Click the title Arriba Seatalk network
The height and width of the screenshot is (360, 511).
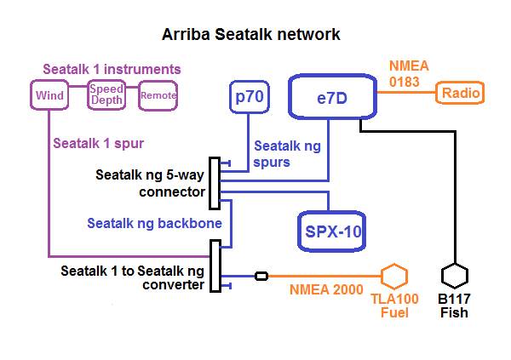tap(251, 35)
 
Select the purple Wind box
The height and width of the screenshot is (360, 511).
tap(50, 95)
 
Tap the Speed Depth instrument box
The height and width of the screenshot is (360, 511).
tap(106, 95)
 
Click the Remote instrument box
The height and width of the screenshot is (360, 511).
tap(158, 95)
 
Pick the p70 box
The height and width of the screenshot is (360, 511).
tap(250, 98)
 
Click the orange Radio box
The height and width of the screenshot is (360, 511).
tap(461, 93)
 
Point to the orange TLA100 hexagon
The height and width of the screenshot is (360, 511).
tap(393, 277)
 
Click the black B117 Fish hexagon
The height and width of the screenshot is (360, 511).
tap(455, 277)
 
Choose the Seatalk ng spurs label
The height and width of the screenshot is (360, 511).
tap(287, 154)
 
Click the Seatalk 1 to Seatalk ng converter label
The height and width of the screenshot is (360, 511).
tap(132, 278)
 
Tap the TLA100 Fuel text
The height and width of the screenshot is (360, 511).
tap(393, 306)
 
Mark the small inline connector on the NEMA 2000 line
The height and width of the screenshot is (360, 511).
tap(261, 276)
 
